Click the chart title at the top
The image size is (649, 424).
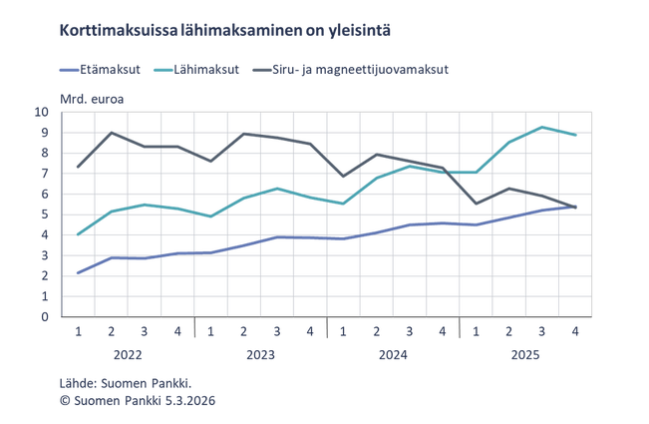tap(225, 31)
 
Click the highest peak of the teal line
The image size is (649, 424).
tap(541, 125)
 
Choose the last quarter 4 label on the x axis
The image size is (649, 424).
tap(576, 331)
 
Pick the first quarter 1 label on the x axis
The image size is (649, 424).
tap(78, 331)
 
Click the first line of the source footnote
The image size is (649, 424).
tap(126, 383)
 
